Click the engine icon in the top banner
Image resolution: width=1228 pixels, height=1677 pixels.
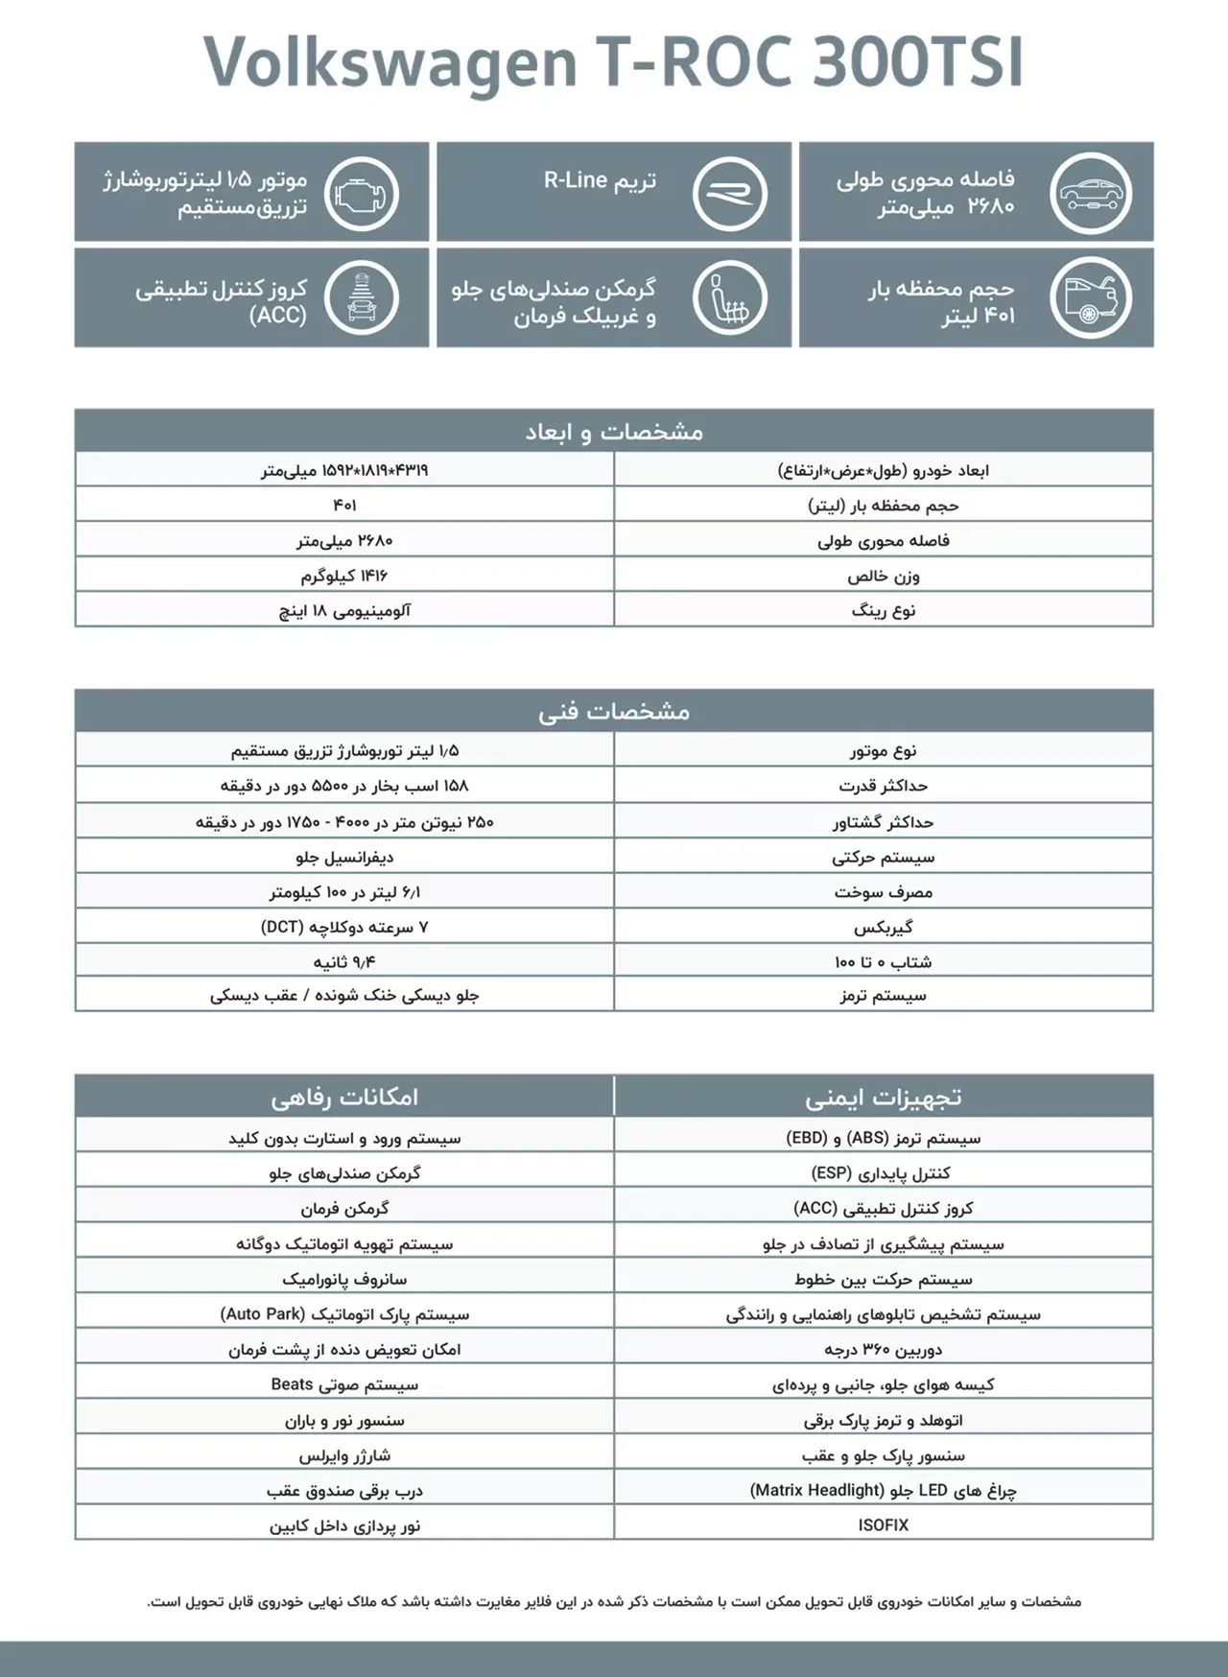click(362, 193)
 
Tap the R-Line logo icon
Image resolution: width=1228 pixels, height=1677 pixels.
click(729, 193)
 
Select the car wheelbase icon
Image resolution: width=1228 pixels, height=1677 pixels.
click(1091, 193)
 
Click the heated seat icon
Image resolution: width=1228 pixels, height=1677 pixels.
click(729, 298)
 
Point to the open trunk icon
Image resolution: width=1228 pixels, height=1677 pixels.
click(1091, 298)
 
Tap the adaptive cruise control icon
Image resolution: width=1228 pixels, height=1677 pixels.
click(362, 298)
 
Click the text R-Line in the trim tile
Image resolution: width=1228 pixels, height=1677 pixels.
click(576, 180)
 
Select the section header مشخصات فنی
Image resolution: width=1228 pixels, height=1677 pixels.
click(614, 711)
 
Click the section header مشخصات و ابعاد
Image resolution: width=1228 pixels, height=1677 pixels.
click(614, 432)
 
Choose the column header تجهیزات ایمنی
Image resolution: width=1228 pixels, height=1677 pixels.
click(883, 1097)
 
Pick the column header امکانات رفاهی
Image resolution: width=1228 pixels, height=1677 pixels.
click(344, 1097)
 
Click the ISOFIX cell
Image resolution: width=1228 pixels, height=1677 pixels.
click(883, 1524)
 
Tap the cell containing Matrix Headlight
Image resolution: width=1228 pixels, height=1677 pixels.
click(883, 1490)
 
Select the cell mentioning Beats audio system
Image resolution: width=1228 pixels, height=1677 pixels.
click(344, 1384)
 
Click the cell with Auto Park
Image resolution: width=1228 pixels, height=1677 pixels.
click(344, 1313)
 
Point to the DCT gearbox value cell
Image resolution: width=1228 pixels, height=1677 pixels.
click(344, 927)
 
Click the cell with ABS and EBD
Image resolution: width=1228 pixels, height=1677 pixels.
click(883, 1138)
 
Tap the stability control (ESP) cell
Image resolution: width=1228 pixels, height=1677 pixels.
click(883, 1172)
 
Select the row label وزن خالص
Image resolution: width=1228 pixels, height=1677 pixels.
click(883, 576)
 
